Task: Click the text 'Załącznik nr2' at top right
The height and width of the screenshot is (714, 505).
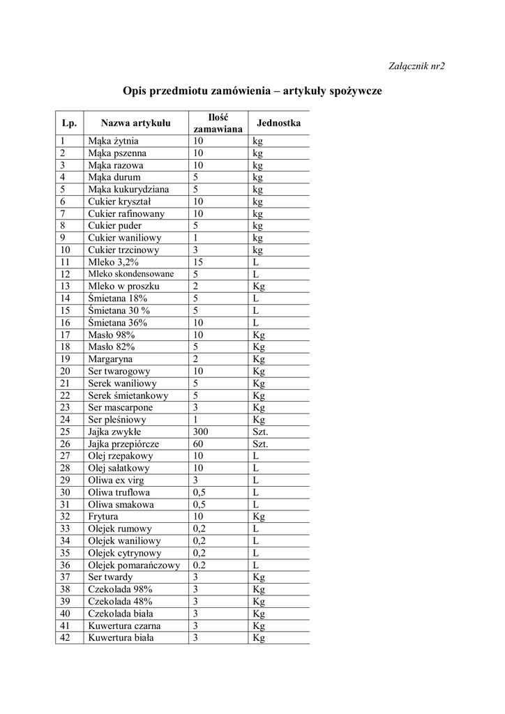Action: coord(416,66)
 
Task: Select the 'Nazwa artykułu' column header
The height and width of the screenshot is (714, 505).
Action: coord(135,123)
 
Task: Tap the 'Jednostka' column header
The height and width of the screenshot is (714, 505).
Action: coord(278,123)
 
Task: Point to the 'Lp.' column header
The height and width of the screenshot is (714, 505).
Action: coord(69,123)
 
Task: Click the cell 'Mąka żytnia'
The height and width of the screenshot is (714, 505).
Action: coord(113,141)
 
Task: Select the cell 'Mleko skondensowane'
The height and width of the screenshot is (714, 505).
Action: coord(131,274)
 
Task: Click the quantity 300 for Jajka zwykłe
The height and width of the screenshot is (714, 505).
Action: coord(202,432)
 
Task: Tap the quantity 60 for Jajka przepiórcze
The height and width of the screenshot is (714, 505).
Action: coord(199,444)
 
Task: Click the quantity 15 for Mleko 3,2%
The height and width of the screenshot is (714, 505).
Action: coord(199,262)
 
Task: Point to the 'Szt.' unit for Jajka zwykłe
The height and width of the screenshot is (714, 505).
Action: coord(260,432)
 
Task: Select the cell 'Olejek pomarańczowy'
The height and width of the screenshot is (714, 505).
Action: coord(134,565)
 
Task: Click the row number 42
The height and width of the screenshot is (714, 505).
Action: coord(66,637)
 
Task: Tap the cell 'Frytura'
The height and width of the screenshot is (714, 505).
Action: coord(103,517)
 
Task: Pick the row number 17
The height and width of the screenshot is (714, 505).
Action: coord(66,335)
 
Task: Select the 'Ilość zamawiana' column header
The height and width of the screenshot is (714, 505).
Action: coord(218,123)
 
